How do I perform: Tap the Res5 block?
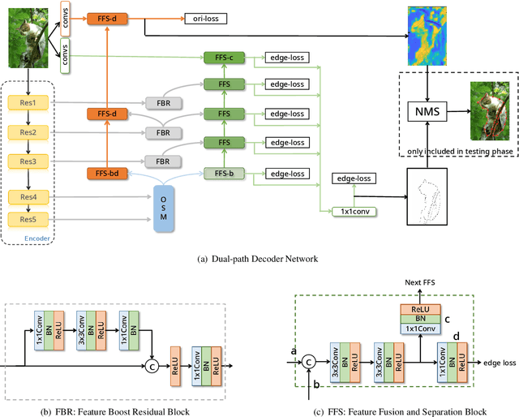point(28,219)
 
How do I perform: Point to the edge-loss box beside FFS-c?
point(287,58)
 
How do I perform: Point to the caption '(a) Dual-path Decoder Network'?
point(258,257)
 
